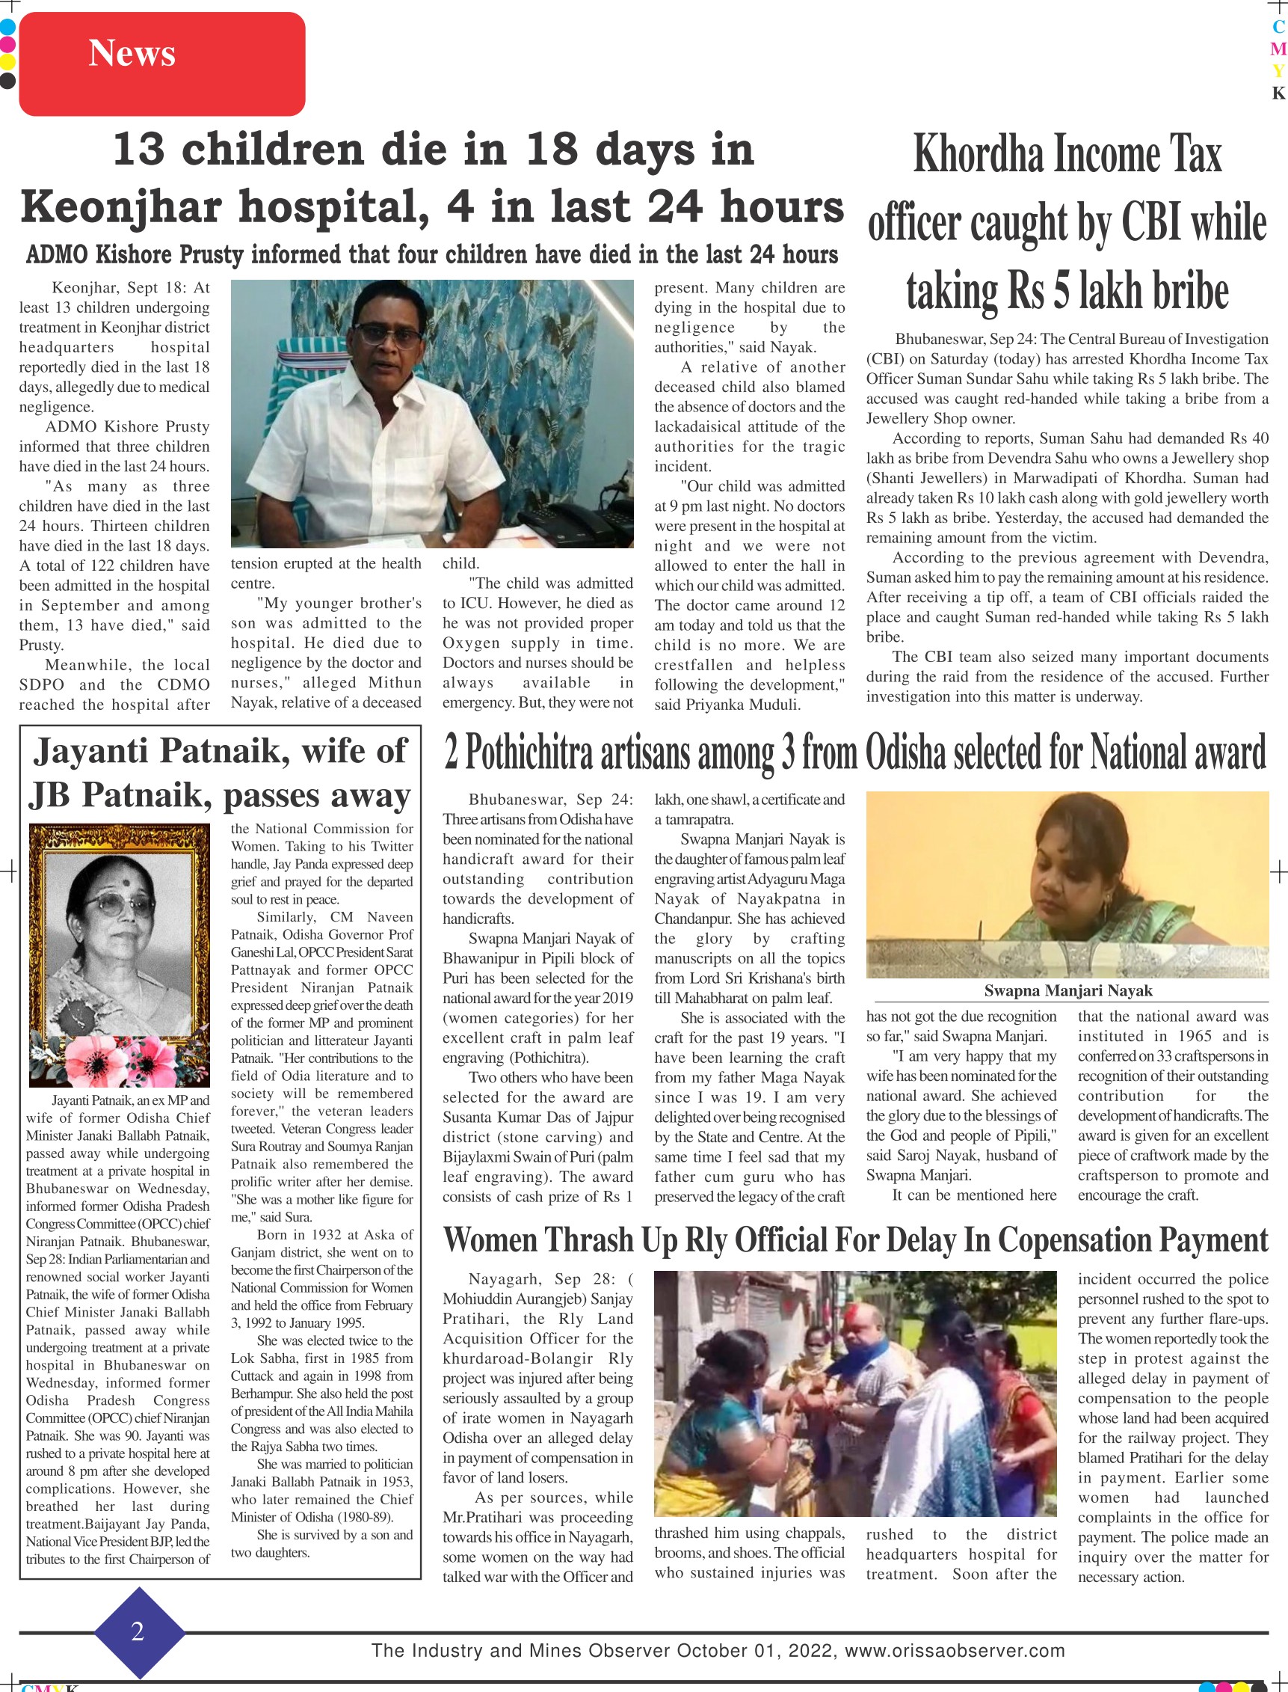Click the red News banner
161,63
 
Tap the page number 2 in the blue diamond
138,1631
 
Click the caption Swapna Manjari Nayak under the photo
1067,990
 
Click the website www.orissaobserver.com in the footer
955,1651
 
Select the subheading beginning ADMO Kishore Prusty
431,254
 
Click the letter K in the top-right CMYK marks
1278,94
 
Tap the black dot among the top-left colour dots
7,80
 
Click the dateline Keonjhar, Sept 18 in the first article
130,288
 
